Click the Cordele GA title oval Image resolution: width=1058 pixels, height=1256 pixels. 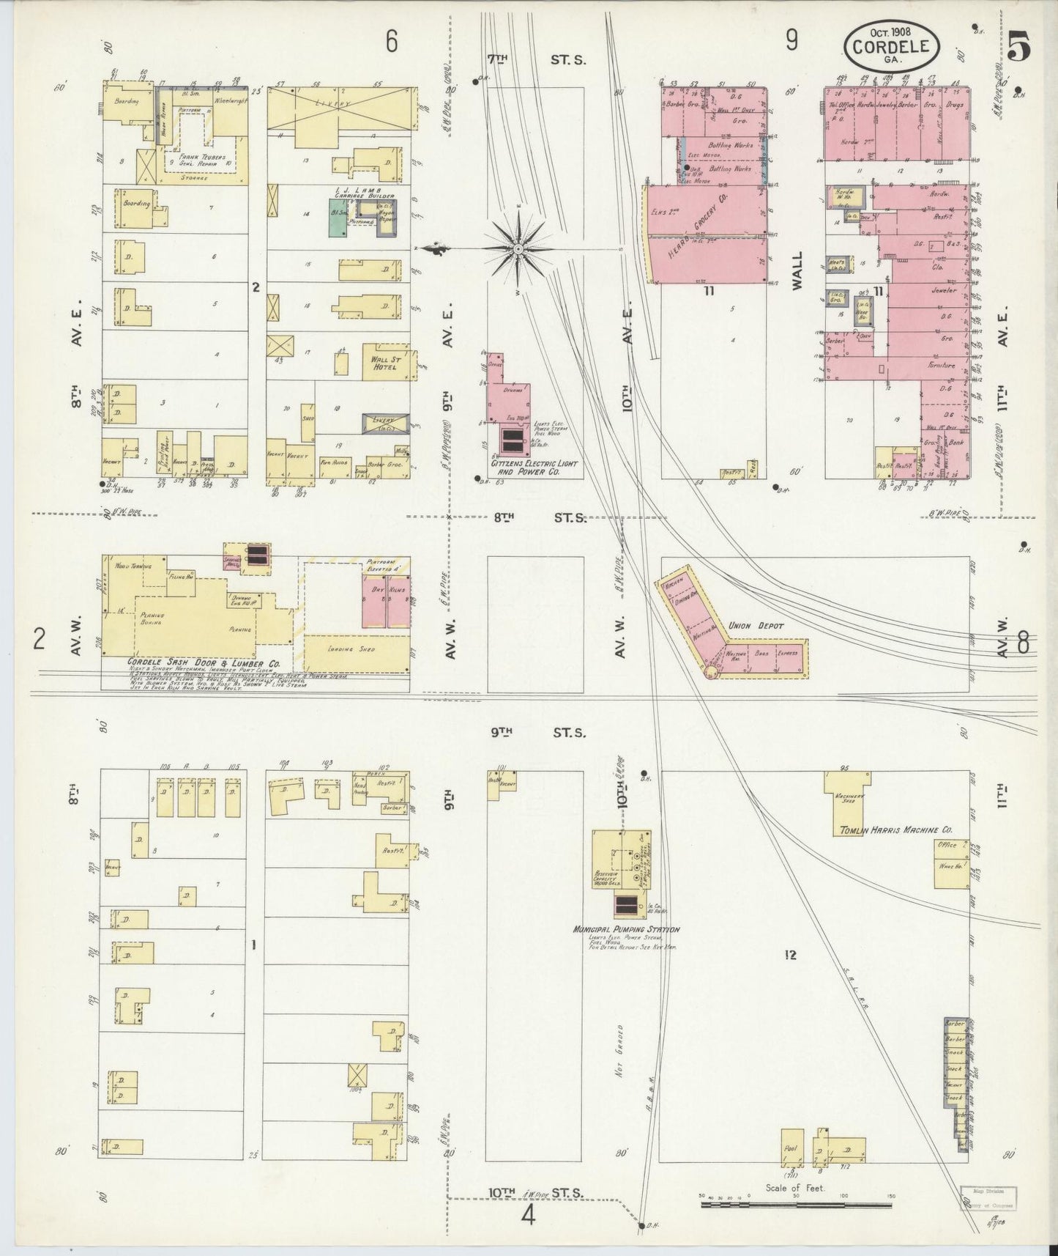coord(892,46)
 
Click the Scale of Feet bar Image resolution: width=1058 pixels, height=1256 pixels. coord(797,1203)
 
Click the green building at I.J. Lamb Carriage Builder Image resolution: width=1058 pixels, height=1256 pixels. coord(338,223)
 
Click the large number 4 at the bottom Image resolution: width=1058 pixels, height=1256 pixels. coord(529,1214)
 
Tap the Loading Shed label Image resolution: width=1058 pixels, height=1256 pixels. coord(357,649)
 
